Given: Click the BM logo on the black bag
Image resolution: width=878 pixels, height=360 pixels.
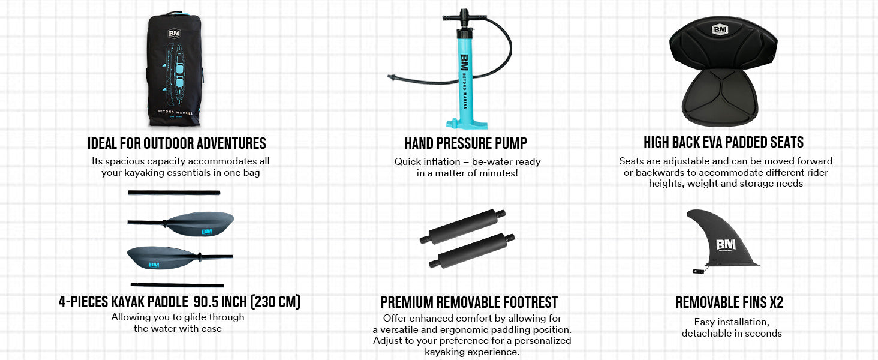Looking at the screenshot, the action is [174, 34].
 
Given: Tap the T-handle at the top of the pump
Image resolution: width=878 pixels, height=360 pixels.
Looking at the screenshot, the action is [464, 17].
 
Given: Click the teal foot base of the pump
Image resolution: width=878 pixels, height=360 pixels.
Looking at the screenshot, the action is [467, 124].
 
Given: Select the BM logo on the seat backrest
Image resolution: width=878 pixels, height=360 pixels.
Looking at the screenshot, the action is [720, 29].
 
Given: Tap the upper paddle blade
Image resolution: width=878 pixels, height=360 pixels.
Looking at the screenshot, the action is [200, 224].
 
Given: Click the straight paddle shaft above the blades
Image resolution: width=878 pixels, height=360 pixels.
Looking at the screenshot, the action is [174, 193].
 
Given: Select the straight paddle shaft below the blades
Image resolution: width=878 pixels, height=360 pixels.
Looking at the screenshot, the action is [177, 285].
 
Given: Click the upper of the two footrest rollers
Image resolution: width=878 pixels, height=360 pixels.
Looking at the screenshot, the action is [462, 227].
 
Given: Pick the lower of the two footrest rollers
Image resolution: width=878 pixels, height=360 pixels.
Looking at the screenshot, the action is [471, 251].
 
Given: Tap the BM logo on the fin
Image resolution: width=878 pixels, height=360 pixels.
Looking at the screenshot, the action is [726, 245].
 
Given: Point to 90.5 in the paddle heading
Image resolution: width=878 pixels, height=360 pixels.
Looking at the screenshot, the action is [206, 302].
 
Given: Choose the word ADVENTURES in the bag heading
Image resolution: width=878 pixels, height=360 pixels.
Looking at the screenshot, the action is [231, 143].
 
